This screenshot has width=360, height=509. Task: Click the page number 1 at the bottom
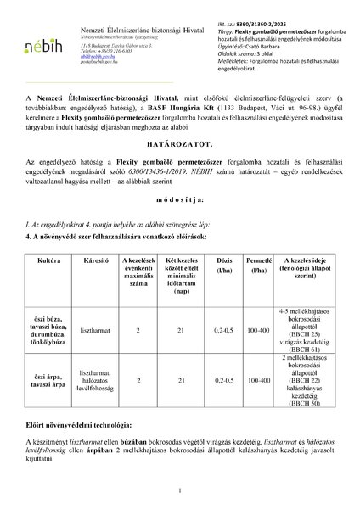(180, 490)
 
